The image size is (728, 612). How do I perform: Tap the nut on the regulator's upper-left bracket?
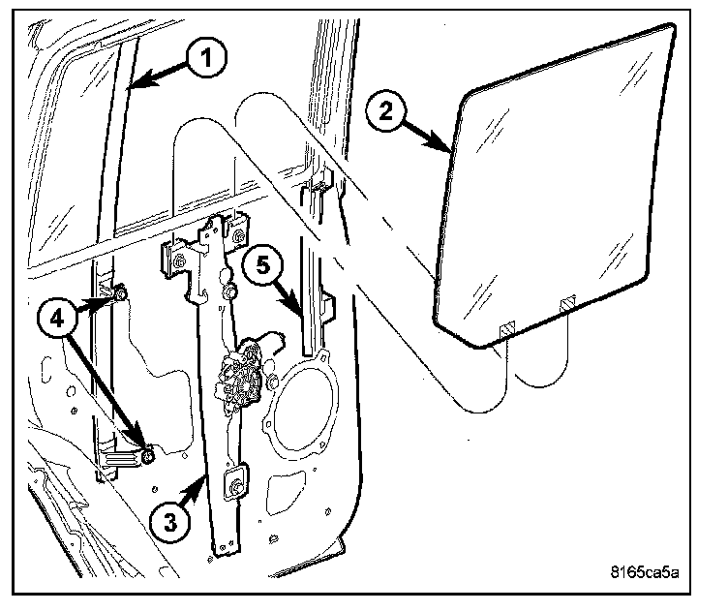[179, 260]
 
